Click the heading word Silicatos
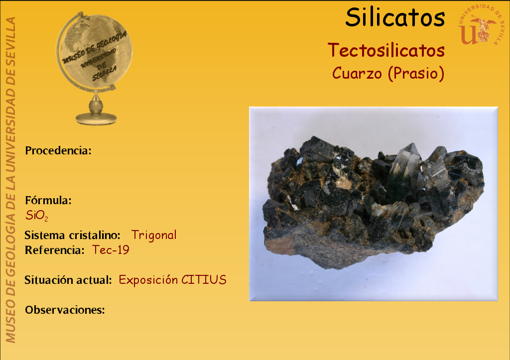(395, 17)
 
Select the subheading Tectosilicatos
(386, 50)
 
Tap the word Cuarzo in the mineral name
(357, 73)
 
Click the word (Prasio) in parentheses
(416, 74)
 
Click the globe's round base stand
(96, 119)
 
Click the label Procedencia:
(58, 150)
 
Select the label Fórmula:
(48, 200)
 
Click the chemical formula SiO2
(37, 215)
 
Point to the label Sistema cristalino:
(73, 235)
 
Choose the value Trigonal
(154, 235)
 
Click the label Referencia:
(55, 250)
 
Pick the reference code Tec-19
(111, 250)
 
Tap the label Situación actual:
(68, 280)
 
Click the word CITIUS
(204, 280)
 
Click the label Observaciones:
(65, 310)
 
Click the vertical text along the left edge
(10, 180)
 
